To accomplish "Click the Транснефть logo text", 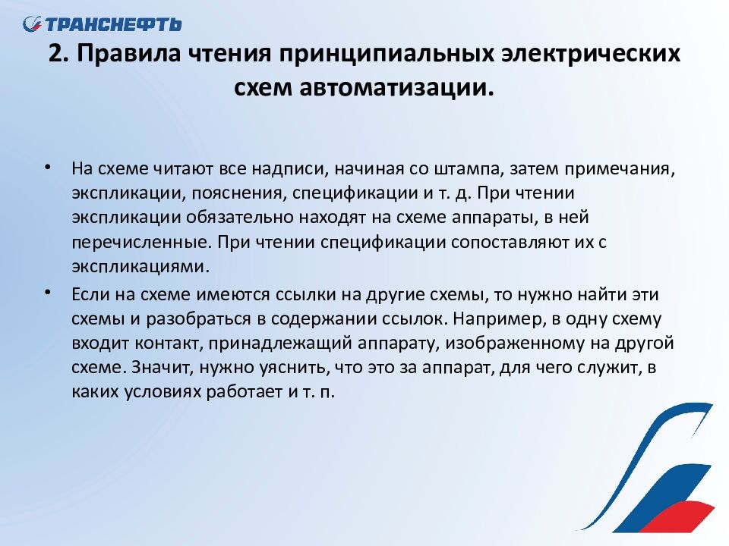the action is (x=113, y=24).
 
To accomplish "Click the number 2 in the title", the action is (x=55, y=53).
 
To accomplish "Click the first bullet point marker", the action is (x=47, y=167).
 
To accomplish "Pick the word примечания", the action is (x=620, y=169).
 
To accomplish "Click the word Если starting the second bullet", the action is (x=90, y=295).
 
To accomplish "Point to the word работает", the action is (x=245, y=392).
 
